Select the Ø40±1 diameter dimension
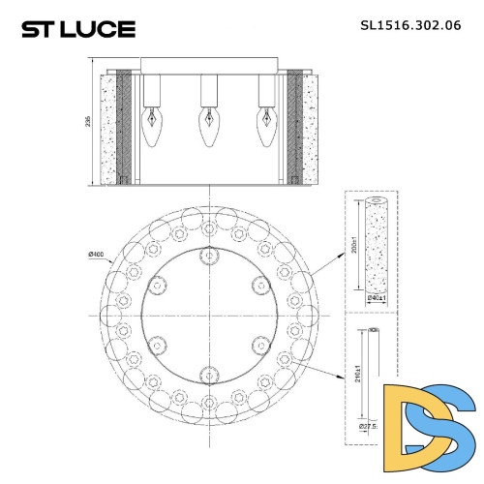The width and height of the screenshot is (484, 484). click(x=378, y=298)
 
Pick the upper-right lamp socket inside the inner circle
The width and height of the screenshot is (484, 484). click(x=257, y=284)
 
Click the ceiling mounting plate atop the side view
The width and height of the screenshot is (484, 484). click(x=207, y=66)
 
